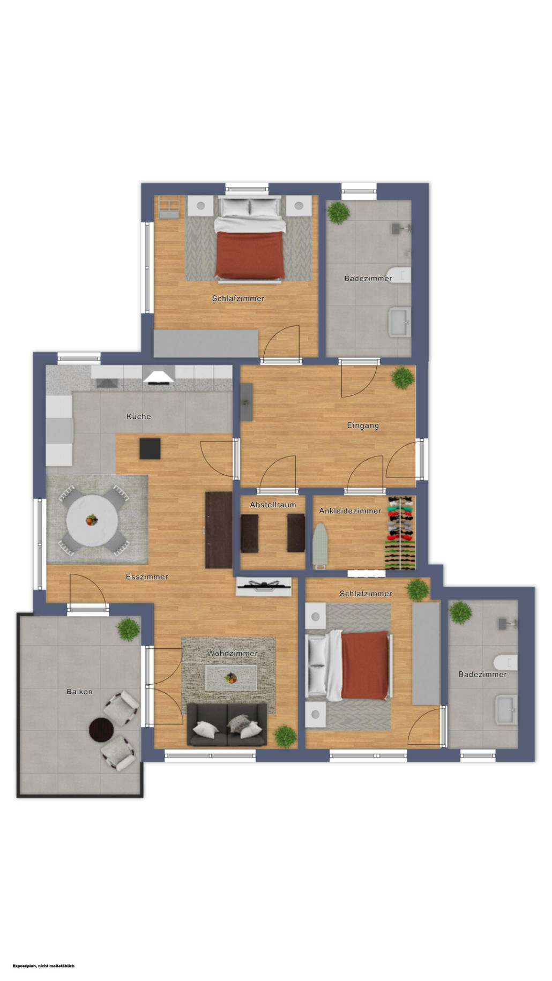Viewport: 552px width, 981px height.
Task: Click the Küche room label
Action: [x=138, y=416]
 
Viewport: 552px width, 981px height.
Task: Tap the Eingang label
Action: [x=363, y=425]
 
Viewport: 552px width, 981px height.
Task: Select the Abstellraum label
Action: [x=273, y=505]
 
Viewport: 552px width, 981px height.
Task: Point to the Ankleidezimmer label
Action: [x=350, y=511]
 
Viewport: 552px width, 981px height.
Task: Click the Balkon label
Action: [x=79, y=692]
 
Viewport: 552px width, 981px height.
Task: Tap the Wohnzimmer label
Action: [x=232, y=653]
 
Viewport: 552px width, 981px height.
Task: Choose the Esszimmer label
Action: [x=147, y=576]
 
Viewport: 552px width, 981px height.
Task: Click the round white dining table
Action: [x=92, y=520]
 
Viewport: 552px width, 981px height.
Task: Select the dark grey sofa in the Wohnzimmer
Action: [x=227, y=724]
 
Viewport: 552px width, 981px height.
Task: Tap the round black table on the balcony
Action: [x=101, y=730]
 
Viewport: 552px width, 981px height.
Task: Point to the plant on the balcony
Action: [x=128, y=630]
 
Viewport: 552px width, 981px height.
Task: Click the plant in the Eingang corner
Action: [x=402, y=378]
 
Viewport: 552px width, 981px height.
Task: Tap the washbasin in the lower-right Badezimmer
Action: [x=506, y=710]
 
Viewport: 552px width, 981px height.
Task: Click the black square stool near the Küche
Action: [x=150, y=448]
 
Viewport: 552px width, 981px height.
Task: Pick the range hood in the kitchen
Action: [x=159, y=377]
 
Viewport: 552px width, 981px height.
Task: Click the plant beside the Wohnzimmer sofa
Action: [x=286, y=737]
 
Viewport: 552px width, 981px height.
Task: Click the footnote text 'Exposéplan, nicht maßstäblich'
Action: [x=43, y=965]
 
